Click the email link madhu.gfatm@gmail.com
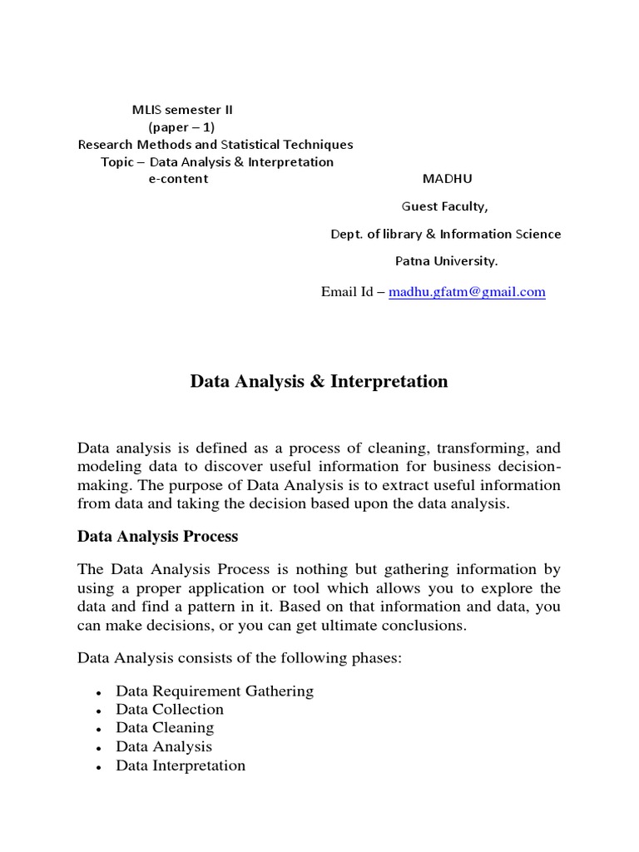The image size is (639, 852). coord(467,292)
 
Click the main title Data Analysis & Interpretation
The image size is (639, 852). coord(319,382)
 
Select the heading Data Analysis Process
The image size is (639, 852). coord(157,536)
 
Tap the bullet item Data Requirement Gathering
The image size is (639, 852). coord(215,691)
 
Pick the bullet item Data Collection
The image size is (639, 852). coord(170,710)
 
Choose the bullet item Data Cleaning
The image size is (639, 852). coord(165,728)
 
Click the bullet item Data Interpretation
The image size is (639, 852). coord(181,765)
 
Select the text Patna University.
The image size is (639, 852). coord(446,261)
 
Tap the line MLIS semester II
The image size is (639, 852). coord(188,109)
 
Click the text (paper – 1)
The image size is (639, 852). coord(181,126)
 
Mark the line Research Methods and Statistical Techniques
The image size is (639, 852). coord(215,144)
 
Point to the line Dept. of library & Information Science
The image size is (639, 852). coord(446,234)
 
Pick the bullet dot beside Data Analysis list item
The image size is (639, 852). coord(99,748)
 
